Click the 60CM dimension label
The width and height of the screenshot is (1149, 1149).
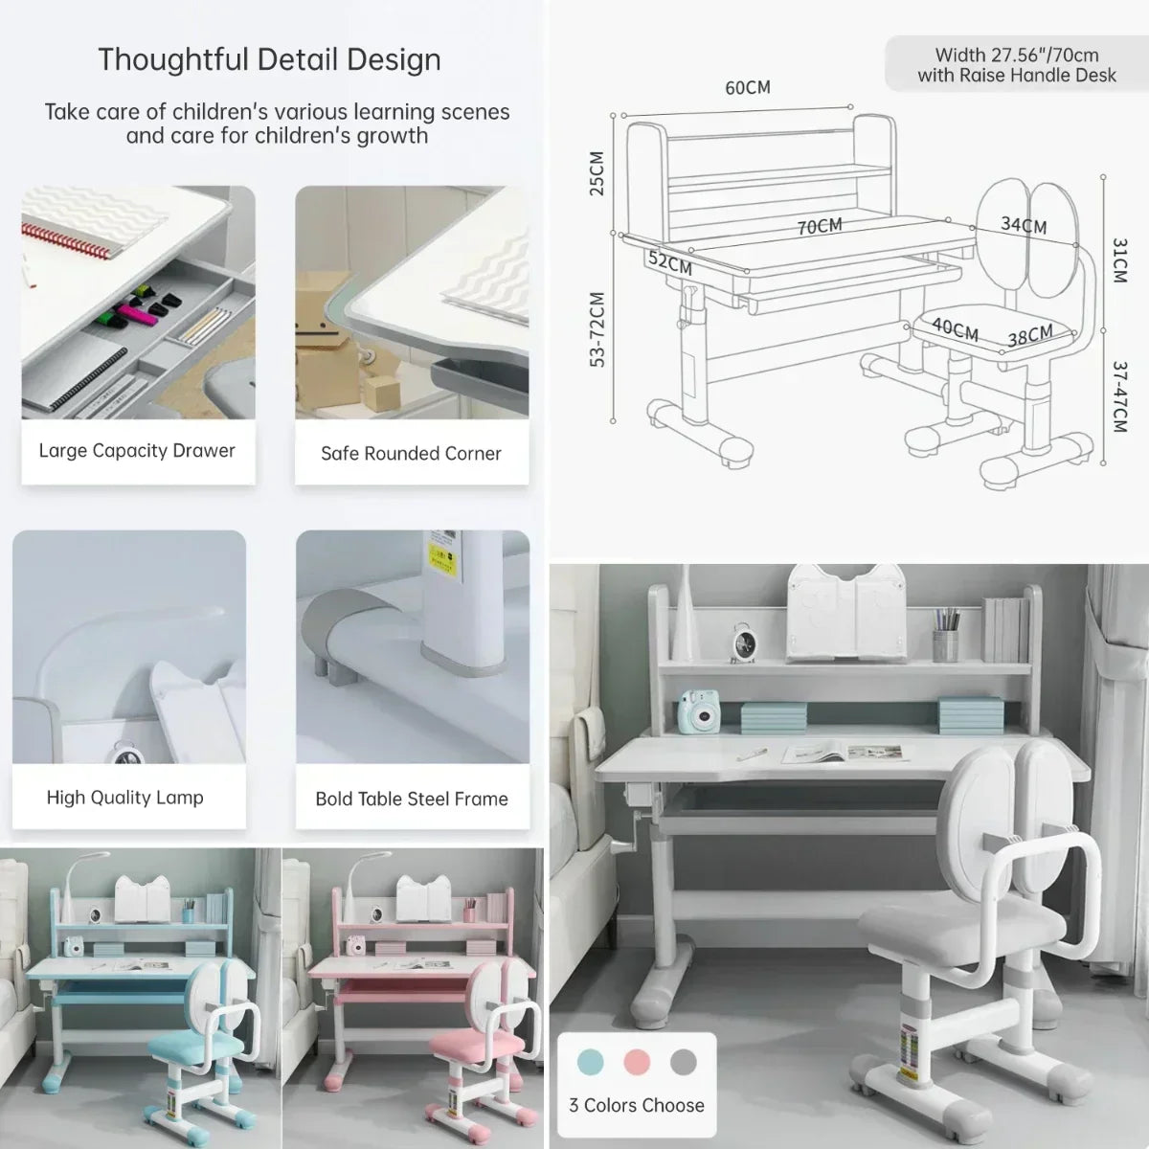748,88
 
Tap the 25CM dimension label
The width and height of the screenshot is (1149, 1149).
597,173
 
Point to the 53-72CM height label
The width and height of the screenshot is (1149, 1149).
597,329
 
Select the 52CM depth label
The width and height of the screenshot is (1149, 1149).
670,262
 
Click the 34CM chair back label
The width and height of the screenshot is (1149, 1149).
1024,225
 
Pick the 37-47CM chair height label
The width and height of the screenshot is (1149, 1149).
1119,397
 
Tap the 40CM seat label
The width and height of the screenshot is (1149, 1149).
955,329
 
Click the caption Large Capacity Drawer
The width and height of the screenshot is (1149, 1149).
137,451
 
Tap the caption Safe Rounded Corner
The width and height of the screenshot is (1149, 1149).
411,453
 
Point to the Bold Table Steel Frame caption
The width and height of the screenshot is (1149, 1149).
412,799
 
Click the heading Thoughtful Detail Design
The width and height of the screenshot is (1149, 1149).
269,59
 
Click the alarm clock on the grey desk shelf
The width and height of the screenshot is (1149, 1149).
744,642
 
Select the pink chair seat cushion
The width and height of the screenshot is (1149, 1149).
477,1045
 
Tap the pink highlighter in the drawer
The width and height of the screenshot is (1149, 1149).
138,313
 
